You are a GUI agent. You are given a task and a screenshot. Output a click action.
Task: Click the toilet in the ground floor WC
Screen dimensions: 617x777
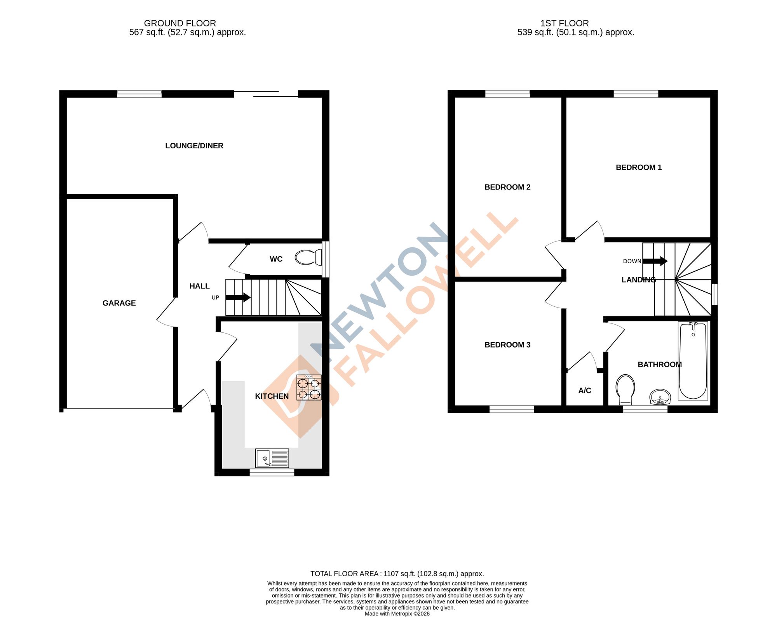pos(308,257)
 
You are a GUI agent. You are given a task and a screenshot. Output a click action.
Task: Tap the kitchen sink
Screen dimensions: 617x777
pos(272,458)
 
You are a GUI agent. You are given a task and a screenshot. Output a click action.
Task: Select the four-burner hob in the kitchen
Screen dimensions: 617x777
pos(309,388)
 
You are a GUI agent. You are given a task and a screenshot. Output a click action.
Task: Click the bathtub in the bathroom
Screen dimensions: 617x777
pos(693,361)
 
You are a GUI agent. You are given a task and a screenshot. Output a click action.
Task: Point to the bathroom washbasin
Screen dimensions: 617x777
pos(660,397)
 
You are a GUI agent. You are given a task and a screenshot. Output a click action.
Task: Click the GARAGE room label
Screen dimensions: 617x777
pos(119,303)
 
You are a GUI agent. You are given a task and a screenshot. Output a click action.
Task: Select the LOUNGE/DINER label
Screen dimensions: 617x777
pos(194,146)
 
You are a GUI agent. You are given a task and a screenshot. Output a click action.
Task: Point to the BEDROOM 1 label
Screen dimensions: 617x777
pos(638,167)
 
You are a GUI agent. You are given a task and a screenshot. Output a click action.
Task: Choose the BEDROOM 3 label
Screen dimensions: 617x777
pos(507,345)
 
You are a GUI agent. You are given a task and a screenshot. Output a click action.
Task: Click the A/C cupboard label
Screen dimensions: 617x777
pos(584,391)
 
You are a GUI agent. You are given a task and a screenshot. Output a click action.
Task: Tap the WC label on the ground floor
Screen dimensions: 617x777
pos(276,259)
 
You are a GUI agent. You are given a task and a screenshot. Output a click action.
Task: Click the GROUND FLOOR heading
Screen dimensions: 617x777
pos(180,23)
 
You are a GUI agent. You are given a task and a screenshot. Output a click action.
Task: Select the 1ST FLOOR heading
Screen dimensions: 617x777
pos(564,23)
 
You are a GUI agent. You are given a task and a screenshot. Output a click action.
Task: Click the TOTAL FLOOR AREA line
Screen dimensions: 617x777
pos(397,574)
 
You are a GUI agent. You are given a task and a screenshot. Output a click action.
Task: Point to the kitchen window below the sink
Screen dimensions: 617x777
pos(272,472)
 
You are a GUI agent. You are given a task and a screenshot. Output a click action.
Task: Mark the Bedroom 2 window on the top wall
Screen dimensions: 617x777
pos(507,94)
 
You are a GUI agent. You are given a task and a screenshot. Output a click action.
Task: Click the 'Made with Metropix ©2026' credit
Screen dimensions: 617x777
pos(397,614)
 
